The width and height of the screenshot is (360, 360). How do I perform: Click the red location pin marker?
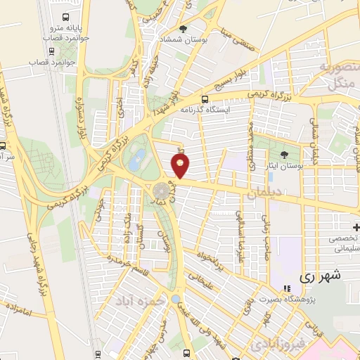[181, 166]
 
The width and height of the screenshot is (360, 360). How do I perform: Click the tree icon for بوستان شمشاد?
[184, 30]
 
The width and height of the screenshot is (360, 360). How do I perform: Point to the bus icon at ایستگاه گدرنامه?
[205, 99]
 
